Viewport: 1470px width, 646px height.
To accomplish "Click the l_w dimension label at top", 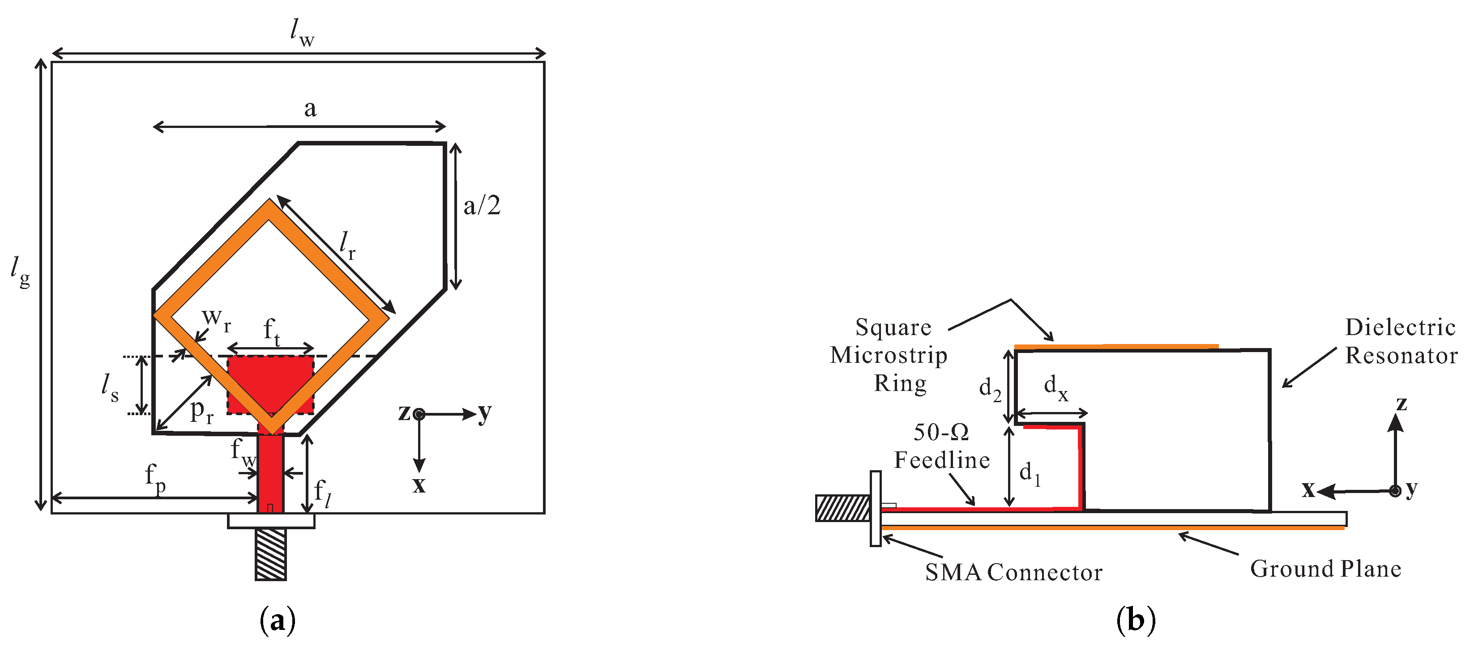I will (302, 33).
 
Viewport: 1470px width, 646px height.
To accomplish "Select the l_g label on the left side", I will (21, 272).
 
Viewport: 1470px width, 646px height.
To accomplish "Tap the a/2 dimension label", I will (482, 206).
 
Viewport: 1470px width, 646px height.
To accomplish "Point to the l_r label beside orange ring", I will (347, 245).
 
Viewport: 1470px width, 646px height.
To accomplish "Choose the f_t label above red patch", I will (272, 332).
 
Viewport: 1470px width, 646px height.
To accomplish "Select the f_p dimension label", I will (154, 478).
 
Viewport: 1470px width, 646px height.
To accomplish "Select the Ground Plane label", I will (1325, 569).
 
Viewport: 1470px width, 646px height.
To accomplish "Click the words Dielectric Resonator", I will (1400, 341).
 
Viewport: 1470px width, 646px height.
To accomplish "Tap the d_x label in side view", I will (1055, 388).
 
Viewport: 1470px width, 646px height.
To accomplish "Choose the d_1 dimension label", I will (1030, 473).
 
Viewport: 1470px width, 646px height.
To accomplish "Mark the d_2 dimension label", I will (990, 389).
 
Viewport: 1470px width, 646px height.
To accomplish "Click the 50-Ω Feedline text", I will (941, 446).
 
